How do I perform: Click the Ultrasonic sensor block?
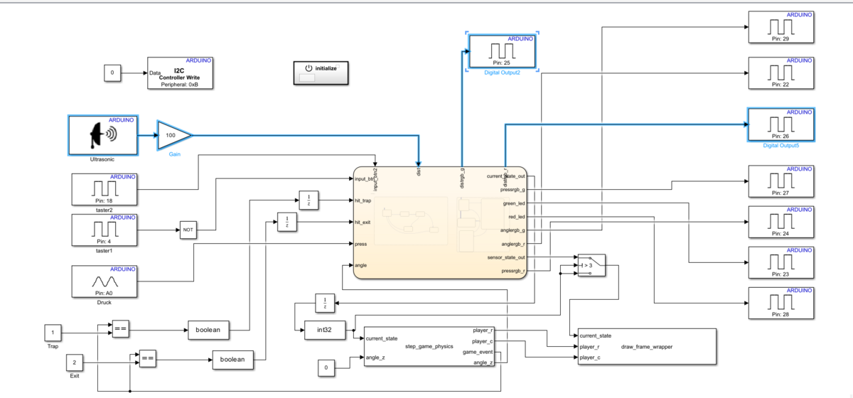pos(103,135)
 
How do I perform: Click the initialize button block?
pos(320,72)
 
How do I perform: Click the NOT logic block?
pos(188,230)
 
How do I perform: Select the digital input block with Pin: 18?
pos(105,190)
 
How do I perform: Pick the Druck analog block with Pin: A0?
pos(105,282)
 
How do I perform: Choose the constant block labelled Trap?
pos(53,333)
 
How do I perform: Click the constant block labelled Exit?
pos(75,362)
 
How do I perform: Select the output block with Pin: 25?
pos(502,50)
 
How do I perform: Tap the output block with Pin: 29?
pos(780,28)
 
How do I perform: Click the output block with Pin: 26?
pos(780,125)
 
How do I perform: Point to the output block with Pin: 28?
pos(780,305)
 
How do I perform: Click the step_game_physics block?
pos(429,347)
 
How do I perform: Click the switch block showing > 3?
pos(591,264)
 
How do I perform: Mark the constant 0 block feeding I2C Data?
pos(112,72)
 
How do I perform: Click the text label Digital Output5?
pos(780,145)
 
